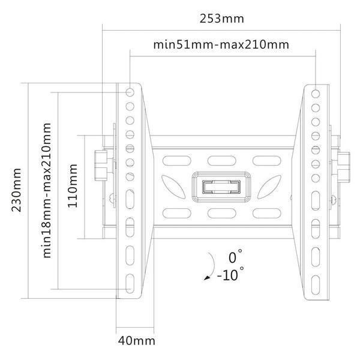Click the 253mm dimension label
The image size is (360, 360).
click(x=221, y=19)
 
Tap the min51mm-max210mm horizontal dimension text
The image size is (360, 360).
click(x=221, y=44)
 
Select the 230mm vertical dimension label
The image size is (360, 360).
click(x=17, y=190)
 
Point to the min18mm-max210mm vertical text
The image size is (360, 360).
click(x=47, y=190)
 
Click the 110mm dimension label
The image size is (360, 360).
click(x=73, y=186)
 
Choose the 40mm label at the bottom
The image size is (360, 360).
click(x=137, y=341)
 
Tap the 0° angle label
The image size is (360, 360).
click(x=235, y=257)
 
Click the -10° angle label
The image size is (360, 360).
click(x=230, y=274)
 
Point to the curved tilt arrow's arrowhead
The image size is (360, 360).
click(x=207, y=278)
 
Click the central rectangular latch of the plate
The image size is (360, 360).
click(x=221, y=187)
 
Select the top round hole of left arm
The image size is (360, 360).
click(x=130, y=92)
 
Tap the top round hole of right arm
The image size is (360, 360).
click(x=316, y=94)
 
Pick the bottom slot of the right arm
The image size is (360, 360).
click(x=316, y=284)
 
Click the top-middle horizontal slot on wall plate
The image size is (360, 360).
click(x=222, y=161)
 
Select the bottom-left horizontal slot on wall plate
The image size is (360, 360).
click(x=177, y=213)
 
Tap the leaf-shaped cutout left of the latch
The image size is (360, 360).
click(x=173, y=187)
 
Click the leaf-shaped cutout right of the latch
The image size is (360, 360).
click(x=269, y=187)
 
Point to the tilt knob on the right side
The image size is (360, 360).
click(x=343, y=167)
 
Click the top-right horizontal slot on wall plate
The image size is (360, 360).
click(x=267, y=161)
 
